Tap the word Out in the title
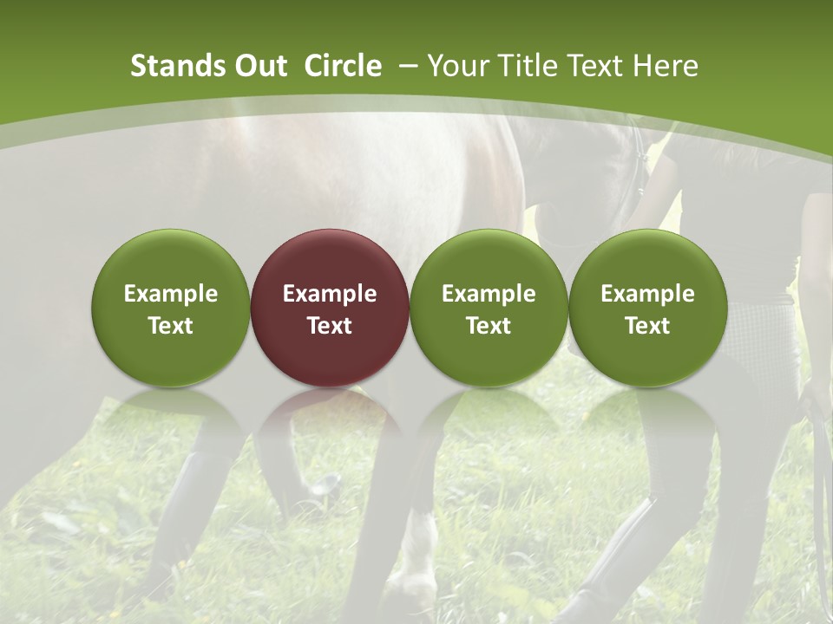pyautogui.click(x=259, y=66)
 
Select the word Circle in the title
pyautogui.click(x=343, y=66)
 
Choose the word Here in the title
pyautogui.click(x=666, y=66)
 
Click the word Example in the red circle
pyautogui.click(x=330, y=294)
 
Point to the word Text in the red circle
pyautogui.click(x=330, y=326)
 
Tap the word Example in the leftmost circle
pyautogui.click(x=171, y=294)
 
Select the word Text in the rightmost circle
pyautogui.click(x=648, y=326)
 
